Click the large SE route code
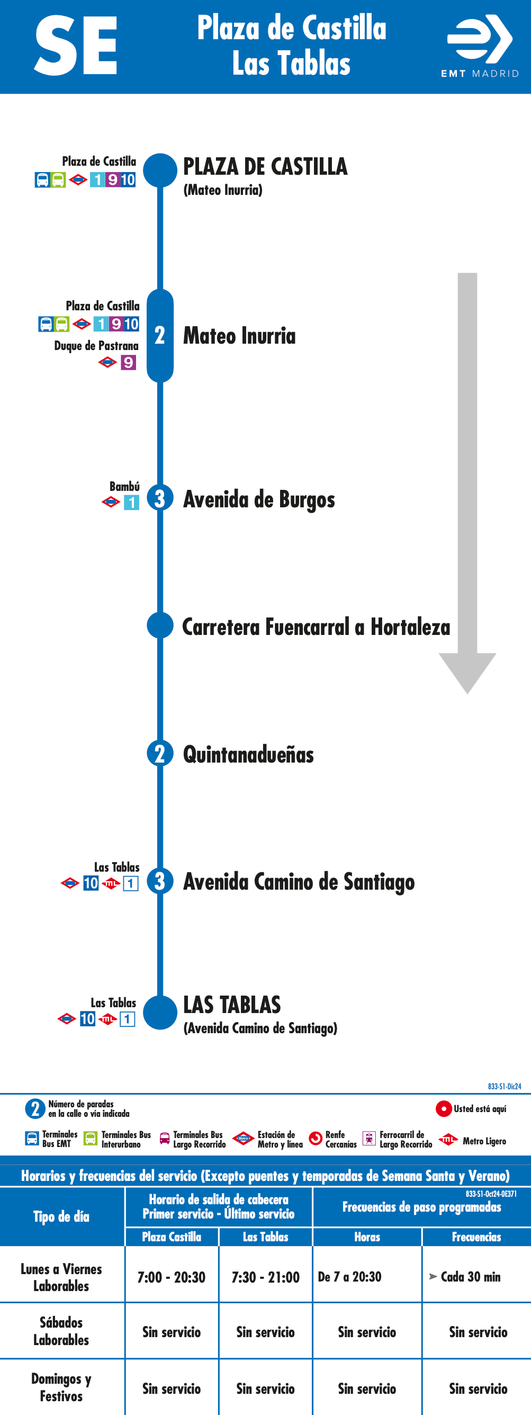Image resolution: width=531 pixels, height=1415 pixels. [x=76, y=46]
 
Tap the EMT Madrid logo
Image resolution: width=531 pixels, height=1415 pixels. [x=480, y=46]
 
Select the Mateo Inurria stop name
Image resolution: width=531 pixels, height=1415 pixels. [x=239, y=336]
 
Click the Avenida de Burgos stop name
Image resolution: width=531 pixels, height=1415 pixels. [x=259, y=499]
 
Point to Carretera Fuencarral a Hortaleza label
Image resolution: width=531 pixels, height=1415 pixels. [x=316, y=627]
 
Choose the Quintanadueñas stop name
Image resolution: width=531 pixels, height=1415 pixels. [x=248, y=754]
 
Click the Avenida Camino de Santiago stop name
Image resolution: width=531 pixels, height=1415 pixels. [x=299, y=882]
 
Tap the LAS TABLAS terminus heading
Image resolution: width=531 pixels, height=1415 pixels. [x=232, y=1005]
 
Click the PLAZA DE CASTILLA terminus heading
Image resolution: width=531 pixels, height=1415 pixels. [x=265, y=166]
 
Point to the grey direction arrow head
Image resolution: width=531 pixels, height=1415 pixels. [x=467, y=673]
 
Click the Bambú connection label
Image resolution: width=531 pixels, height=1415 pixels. [x=124, y=487]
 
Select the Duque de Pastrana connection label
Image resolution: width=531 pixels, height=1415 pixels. [x=97, y=345]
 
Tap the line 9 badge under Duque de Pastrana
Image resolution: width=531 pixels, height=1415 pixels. [x=129, y=363]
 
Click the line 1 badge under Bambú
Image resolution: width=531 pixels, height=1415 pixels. [x=131, y=502]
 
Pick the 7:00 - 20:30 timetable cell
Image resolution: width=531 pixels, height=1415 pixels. [x=172, y=1277]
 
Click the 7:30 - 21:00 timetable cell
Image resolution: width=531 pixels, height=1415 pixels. [x=266, y=1277]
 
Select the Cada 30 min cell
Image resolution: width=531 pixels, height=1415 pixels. [x=465, y=1277]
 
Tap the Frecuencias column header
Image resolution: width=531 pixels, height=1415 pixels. [x=476, y=1237]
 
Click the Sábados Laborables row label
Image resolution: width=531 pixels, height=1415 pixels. [x=61, y=1331]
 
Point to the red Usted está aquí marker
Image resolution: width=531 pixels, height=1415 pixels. [x=444, y=1108]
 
